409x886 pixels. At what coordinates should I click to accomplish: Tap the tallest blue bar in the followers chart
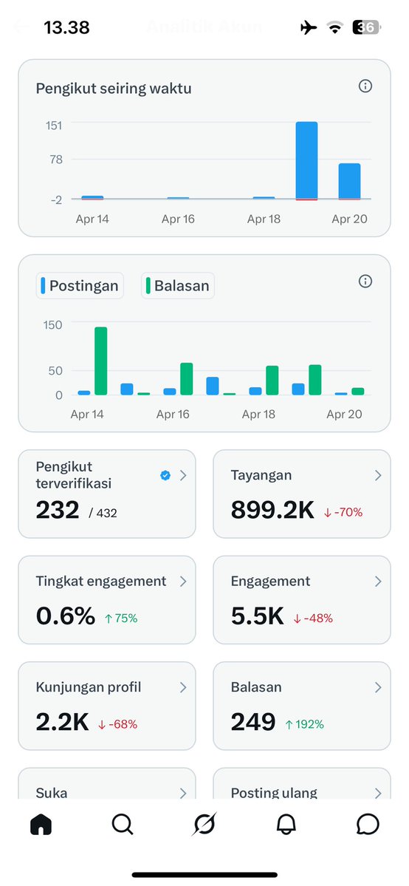click(306, 160)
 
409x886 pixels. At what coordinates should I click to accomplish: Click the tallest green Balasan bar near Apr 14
click(100, 361)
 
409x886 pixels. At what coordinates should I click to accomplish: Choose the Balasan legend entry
click(177, 286)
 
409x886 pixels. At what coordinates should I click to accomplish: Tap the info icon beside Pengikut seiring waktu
click(365, 86)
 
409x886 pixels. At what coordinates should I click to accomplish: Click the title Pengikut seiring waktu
click(114, 89)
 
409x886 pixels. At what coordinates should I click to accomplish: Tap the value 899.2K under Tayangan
click(272, 510)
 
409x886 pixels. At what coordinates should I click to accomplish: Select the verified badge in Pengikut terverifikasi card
click(165, 476)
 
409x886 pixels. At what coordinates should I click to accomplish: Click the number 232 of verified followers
click(58, 510)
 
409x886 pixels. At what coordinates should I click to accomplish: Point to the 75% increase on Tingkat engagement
click(121, 618)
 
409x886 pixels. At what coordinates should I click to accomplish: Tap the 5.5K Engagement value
click(257, 616)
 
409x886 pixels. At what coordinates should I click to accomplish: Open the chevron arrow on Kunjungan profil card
click(183, 687)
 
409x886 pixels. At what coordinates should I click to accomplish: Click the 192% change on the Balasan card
click(304, 724)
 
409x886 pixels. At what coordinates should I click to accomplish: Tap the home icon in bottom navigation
click(41, 824)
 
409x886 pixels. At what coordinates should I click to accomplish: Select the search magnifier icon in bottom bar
click(123, 824)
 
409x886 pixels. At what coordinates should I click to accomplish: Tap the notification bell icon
click(286, 824)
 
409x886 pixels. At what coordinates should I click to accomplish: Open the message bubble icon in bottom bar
click(367, 824)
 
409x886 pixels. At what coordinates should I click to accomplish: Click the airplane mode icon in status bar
click(309, 28)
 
